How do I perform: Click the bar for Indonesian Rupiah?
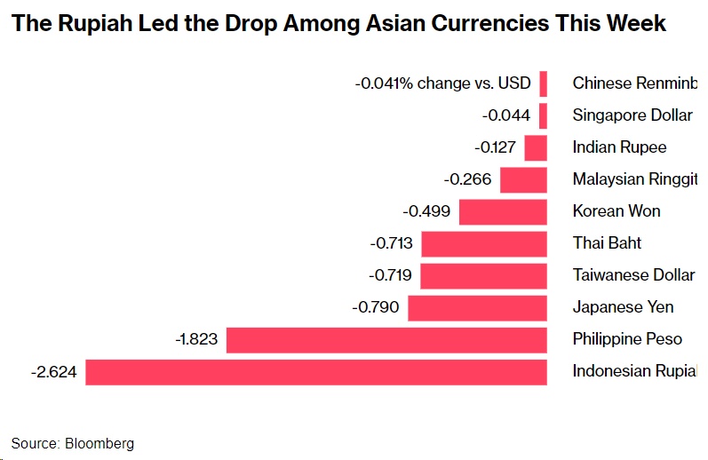tap(315, 372)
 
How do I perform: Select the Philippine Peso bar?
tap(386, 340)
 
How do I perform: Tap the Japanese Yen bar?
tap(477, 308)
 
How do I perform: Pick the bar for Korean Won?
tap(503, 212)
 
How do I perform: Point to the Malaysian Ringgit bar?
tap(523, 180)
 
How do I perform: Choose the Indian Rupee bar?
tap(536, 147)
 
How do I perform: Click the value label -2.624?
tap(53, 372)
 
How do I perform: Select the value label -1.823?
tap(196, 340)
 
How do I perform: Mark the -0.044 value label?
tap(506, 115)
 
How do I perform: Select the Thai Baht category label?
tap(607, 243)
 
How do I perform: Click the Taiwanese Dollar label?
tap(633, 275)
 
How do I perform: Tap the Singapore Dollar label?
tap(632, 115)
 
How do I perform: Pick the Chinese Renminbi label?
tap(635, 83)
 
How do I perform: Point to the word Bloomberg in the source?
tap(99, 443)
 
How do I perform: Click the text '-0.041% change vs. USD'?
tap(442, 83)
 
